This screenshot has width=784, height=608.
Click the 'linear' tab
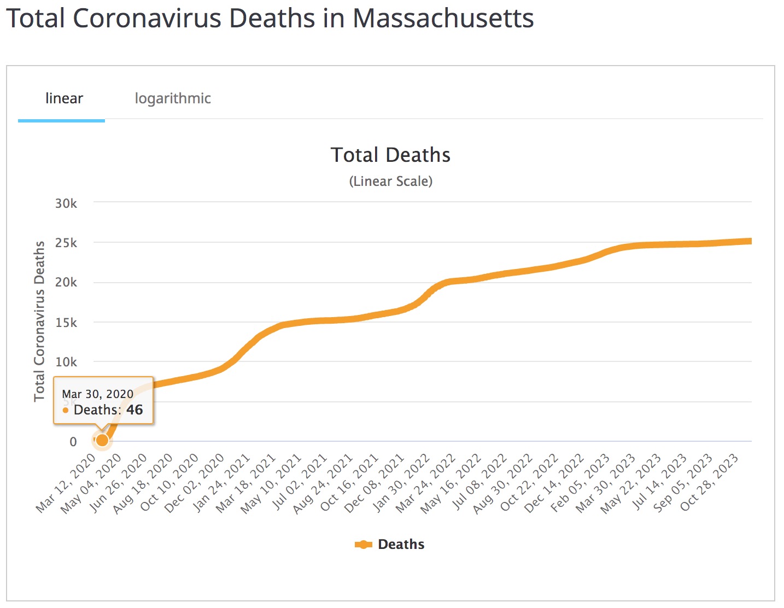pyautogui.click(x=64, y=98)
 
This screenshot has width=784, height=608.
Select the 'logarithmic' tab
pyautogui.click(x=173, y=98)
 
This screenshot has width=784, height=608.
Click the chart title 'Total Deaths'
pyautogui.click(x=390, y=155)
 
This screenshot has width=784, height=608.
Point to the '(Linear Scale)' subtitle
pyautogui.click(x=390, y=182)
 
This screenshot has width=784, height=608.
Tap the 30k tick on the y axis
pyautogui.click(x=66, y=203)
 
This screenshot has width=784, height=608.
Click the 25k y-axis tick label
pyautogui.click(x=66, y=243)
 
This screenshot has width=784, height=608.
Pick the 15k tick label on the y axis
pyautogui.click(x=66, y=323)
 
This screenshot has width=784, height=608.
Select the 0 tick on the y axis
pyautogui.click(x=73, y=442)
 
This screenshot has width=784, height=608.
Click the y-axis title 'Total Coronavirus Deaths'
pyautogui.click(x=39, y=321)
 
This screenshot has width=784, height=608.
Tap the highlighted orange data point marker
pyautogui.click(x=102, y=440)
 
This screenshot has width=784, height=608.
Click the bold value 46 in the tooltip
pyautogui.click(x=134, y=410)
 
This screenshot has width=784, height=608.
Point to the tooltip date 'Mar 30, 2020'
pyautogui.click(x=97, y=394)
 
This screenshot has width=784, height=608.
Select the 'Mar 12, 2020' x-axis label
pyautogui.click(x=67, y=483)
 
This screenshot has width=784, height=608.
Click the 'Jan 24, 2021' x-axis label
pyautogui.click(x=221, y=483)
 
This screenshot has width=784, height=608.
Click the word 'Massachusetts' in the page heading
pyautogui.click(x=443, y=19)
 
